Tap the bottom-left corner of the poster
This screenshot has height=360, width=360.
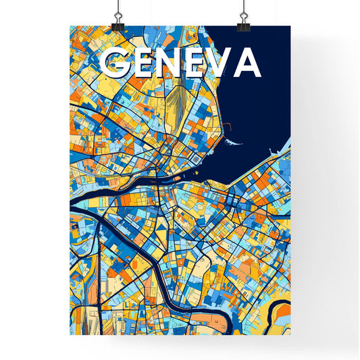(70, 335)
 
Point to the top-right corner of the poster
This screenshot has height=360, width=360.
(290, 26)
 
